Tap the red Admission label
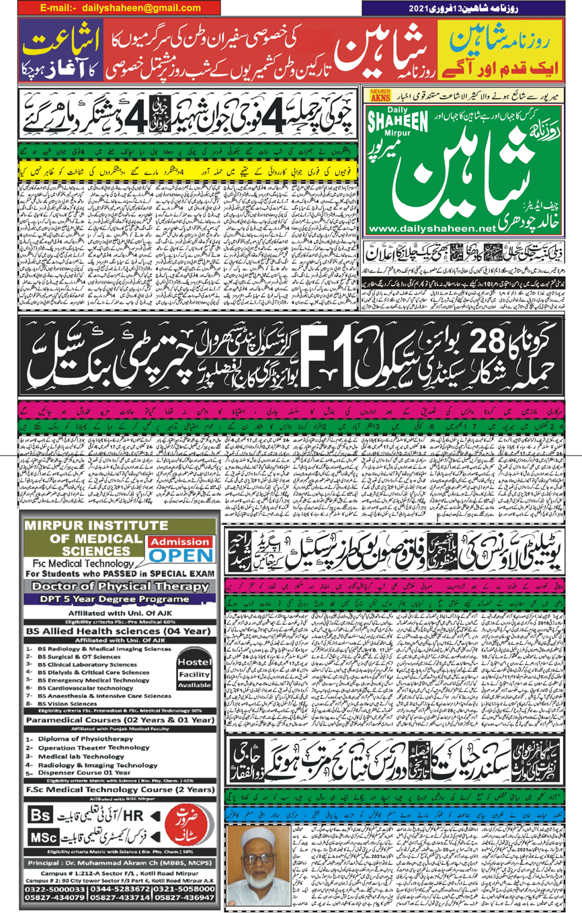(x=179, y=541)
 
